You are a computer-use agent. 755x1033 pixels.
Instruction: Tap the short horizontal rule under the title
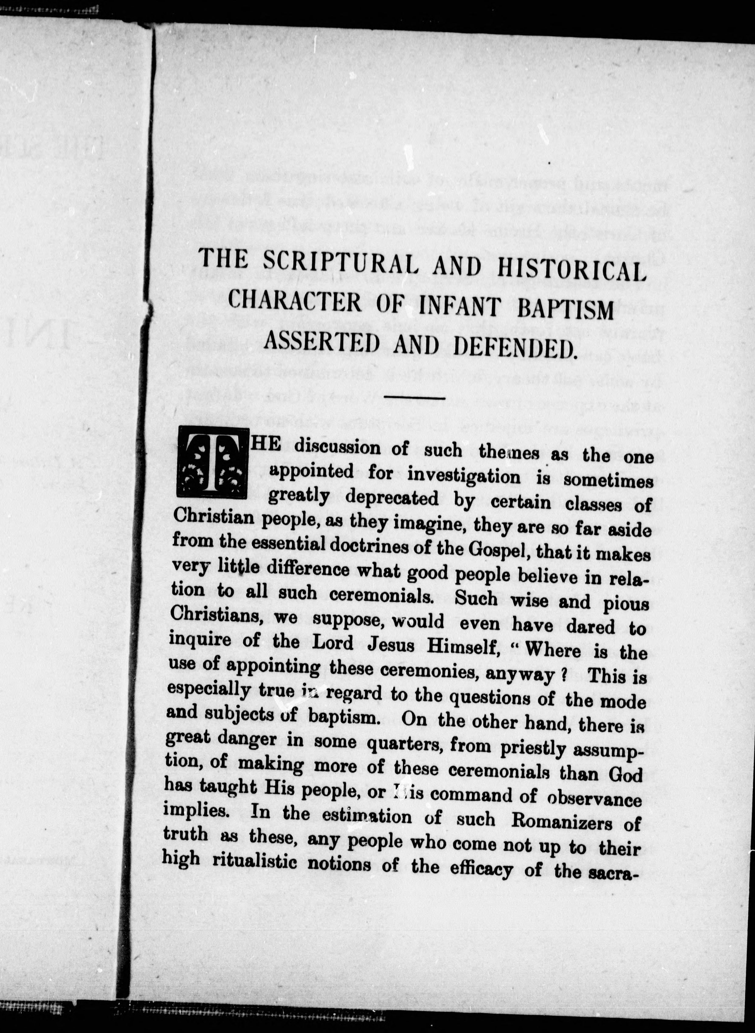[415, 397]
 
